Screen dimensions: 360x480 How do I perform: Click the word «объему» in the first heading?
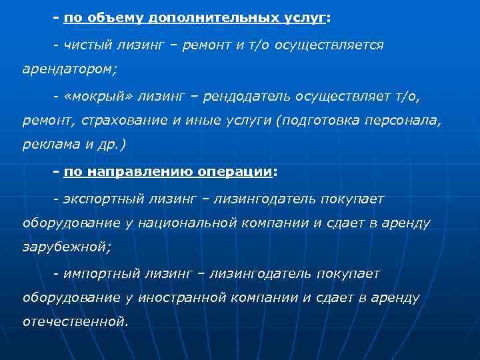click(108, 19)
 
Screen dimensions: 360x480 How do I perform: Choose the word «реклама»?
click(48, 147)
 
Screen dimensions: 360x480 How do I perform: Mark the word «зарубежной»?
click(67, 247)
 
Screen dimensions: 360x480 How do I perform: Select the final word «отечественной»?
click(75, 322)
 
